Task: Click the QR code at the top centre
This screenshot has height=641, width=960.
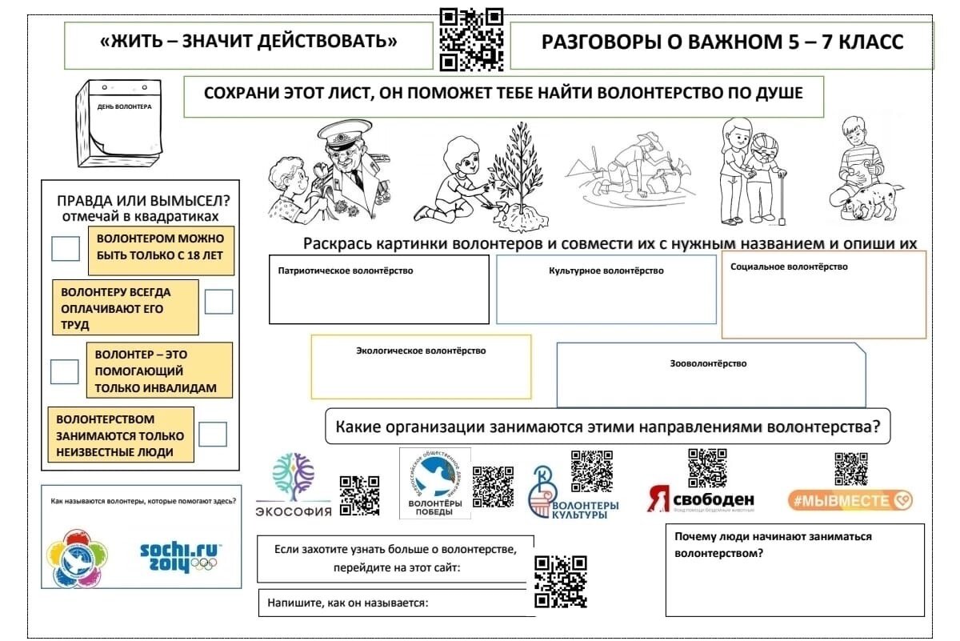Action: pos(471,39)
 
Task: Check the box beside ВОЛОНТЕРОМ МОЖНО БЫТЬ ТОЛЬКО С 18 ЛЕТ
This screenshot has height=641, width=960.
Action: pos(66,248)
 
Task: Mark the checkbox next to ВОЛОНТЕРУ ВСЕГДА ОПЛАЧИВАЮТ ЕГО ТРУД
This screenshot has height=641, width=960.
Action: pos(218,302)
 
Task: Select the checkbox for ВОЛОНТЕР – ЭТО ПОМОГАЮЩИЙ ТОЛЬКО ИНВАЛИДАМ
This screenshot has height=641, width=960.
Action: pos(65,371)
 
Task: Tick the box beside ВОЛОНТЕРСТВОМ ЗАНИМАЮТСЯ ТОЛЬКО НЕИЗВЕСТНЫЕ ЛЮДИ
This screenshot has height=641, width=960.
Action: pos(213,434)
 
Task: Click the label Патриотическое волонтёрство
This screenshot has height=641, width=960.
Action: pos(346,271)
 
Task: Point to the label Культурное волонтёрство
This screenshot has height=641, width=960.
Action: pos(606,271)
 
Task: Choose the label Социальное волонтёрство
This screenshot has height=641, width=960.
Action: pos(789,266)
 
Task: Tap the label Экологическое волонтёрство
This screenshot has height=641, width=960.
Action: pos(421,351)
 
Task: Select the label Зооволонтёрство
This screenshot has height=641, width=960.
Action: pos(709,363)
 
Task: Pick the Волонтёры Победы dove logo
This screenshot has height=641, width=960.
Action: pos(434,479)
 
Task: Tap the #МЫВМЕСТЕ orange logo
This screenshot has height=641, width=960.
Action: pos(850,500)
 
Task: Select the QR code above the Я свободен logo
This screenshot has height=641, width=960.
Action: pos(708,467)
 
